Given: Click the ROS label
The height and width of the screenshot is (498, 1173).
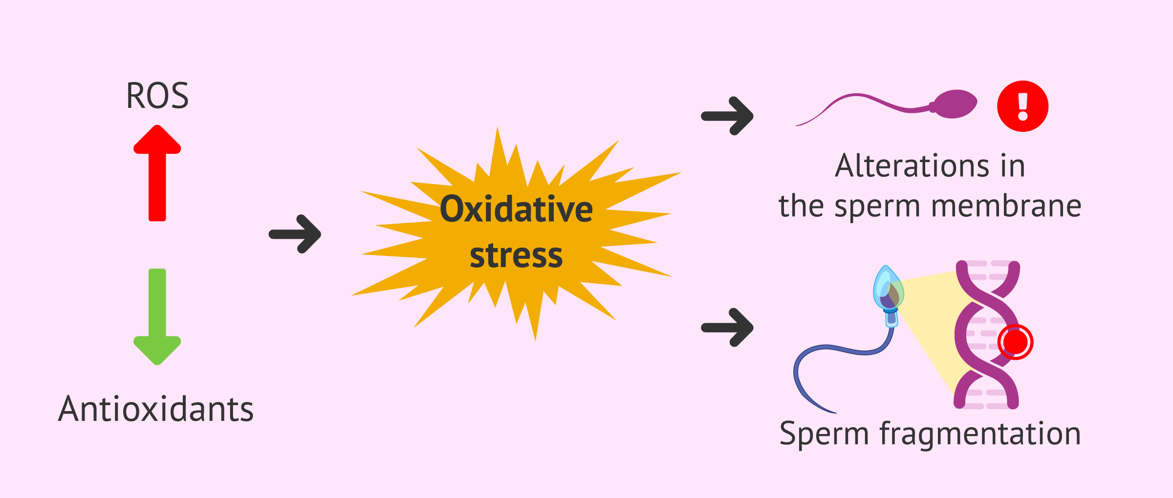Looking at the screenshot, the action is click(x=157, y=96).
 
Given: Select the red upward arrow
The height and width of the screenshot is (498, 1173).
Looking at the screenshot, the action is click(x=157, y=173).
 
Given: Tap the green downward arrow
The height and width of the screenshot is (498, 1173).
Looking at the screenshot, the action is click(x=157, y=316).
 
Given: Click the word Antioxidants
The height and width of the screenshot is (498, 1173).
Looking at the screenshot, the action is click(x=156, y=409).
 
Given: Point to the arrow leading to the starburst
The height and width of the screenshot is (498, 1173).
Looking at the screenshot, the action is click(x=295, y=234).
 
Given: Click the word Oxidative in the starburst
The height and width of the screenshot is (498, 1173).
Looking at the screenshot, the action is click(x=517, y=209).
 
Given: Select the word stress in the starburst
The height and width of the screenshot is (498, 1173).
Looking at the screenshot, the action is click(x=516, y=255).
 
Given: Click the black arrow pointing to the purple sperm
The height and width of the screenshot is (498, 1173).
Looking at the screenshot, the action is click(x=727, y=116).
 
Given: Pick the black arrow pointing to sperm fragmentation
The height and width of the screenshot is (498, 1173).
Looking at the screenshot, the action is click(x=727, y=327).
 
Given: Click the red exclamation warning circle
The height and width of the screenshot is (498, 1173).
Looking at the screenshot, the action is click(x=1022, y=106).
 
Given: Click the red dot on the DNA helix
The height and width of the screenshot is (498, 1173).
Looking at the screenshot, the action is click(x=1015, y=342).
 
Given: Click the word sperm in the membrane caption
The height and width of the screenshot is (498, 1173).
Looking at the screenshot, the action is click(x=877, y=207).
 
